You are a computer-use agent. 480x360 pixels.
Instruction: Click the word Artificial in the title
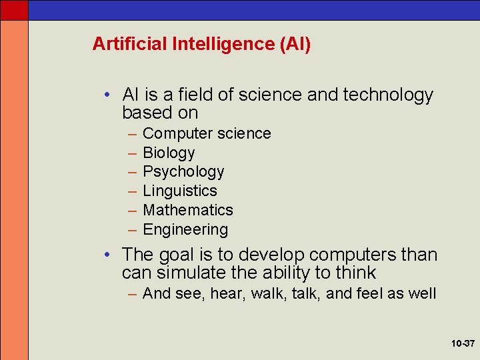[x=129, y=44]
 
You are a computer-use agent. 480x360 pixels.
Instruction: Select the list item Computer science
[x=207, y=133]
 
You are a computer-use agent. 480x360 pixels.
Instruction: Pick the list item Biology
[x=169, y=153]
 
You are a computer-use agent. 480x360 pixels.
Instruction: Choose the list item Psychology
[x=183, y=171]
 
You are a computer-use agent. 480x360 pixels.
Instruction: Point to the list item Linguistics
[x=180, y=191]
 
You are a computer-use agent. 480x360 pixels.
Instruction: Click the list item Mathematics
[x=188, y=210]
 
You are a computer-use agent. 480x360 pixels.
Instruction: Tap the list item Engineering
[x=185, y=229]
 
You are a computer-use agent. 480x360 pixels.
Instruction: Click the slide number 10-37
[x=462, y=344]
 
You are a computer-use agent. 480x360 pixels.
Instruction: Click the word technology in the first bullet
[x=388, y=95]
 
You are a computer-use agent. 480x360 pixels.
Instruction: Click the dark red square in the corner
[x=14, y=10]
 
